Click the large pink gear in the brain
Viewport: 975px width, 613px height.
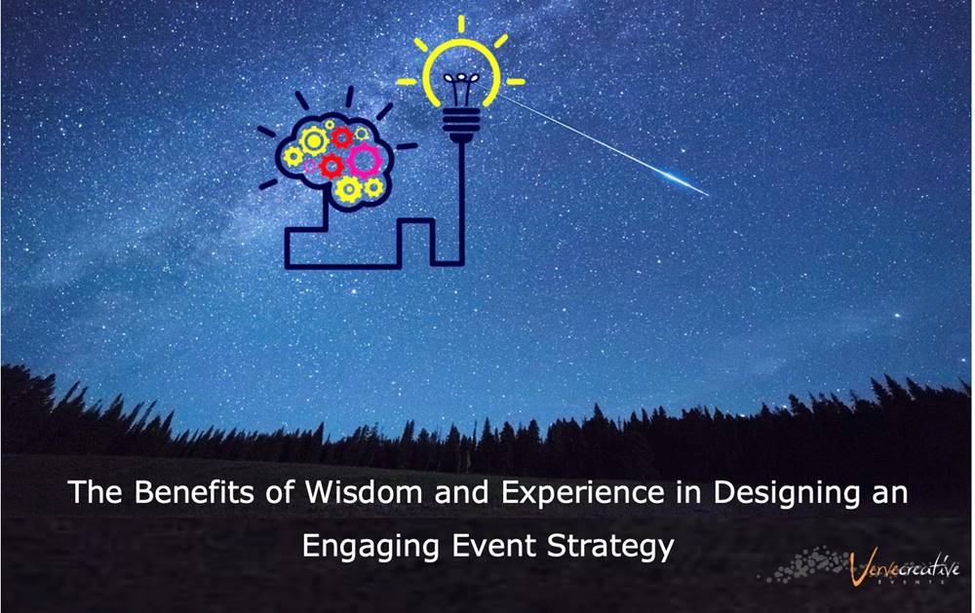click(363, 161)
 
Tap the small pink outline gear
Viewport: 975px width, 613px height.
click(309, 166)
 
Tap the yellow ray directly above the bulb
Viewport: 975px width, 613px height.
click(461, 23)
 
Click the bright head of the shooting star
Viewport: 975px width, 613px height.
click(684, 181)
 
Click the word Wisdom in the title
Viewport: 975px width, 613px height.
click(363, 492)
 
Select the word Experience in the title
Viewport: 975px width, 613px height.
click(583, 493)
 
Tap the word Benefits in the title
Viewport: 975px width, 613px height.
click(194, 492)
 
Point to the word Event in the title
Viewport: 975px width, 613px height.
click(493, 547)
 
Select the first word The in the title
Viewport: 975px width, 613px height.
click(96, 492)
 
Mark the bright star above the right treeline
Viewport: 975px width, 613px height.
click(897, 316)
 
